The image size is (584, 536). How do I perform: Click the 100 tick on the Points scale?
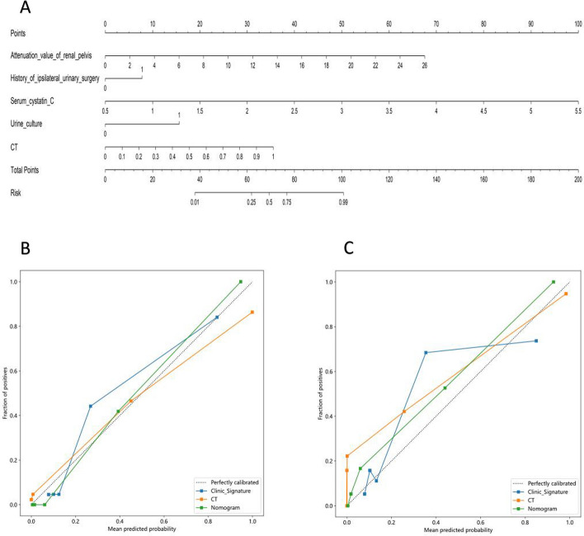coord(577,24)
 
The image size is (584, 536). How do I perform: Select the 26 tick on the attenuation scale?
coord(424,64)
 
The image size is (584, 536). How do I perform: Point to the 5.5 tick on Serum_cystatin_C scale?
coord(577,110)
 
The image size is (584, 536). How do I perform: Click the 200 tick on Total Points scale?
coord(577,178)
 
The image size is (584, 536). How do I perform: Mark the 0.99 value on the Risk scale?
coord(342,200)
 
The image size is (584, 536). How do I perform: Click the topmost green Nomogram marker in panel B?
coord(240,281)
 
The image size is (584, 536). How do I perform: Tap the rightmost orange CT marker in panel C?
coord(566,294)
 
